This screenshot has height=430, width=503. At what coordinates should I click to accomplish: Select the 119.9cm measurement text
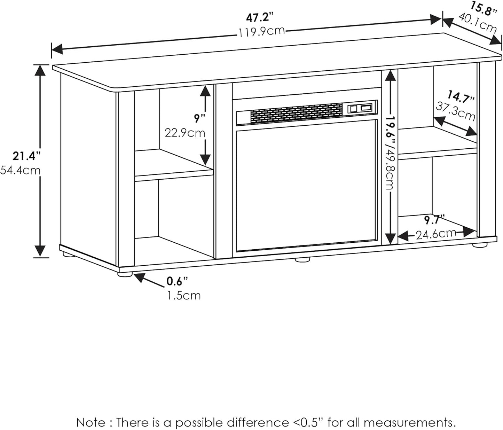point(261,31)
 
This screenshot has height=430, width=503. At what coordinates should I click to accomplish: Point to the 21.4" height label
point(24,156)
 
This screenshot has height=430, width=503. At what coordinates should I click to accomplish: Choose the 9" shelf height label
point(200,118)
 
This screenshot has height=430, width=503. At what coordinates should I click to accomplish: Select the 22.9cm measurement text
point(185,133)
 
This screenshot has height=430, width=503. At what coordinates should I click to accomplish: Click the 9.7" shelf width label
point(434,220)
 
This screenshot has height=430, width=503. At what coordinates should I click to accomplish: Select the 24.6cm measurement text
point(436,234)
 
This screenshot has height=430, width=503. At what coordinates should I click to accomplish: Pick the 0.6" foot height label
point(177,281)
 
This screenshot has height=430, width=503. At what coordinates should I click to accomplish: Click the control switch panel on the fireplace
point(360,108)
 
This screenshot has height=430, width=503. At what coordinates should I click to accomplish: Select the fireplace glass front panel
point(306,185)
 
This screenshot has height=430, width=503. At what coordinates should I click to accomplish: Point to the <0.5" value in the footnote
point(308,422)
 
